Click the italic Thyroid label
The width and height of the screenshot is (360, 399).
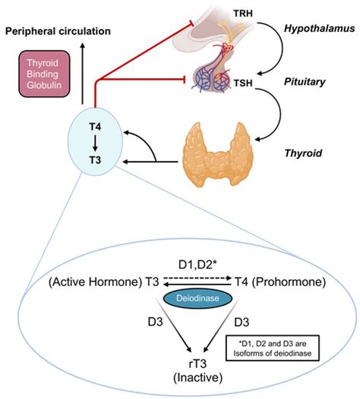300,152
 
